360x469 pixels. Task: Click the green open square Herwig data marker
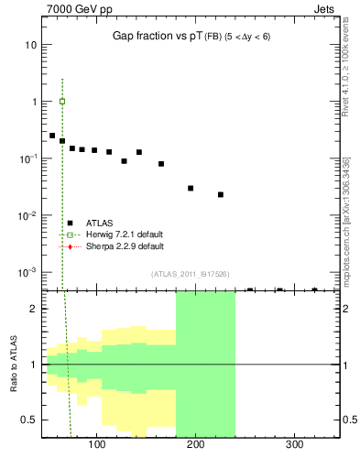pyautogui.click(x=62, y=102)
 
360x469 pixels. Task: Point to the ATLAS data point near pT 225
pyautogui.click(x=221, y=194)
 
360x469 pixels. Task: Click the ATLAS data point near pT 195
pyautogui.click(x=191, y=188)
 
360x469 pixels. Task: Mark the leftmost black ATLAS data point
pyautogui.click(x=52, y=136)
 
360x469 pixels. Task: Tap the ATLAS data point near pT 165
pyautogui.click(x=161, y=164)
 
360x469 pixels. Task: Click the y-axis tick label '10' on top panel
pyautogui.click(x=31, y=45)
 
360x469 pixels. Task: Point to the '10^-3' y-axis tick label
pyautogui.click(x=27, y=273)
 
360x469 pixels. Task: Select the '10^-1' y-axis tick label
pyautogui.click(x=27, y=158)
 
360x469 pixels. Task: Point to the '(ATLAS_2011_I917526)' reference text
pyautogui.click(x=190, y=274)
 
